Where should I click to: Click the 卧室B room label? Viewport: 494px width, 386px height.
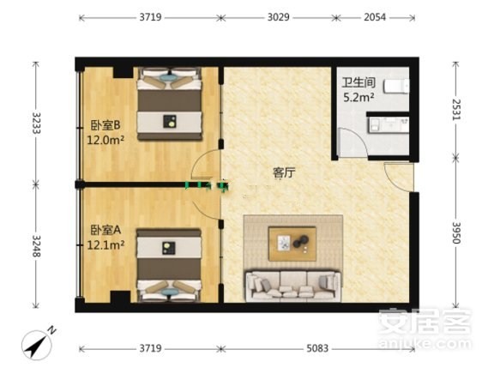click(x=105, y=125)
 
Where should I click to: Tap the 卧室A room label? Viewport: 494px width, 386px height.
click(x=105, y=231)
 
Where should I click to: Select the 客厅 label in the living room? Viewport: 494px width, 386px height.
click(x=284, y=173)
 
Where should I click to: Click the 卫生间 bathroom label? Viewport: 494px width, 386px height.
click(x=358, y=82)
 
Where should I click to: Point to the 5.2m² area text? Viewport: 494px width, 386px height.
click(x=358, y=98)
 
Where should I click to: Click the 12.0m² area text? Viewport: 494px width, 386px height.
click(x=105, y=140)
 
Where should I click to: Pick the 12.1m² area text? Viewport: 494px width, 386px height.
click(x=105, y=244)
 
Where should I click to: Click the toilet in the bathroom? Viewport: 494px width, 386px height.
click(x=396, y=86)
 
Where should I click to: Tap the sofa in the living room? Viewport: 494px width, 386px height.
click(x=293, y=286)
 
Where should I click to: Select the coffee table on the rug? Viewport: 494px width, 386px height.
click(x=292, y=244)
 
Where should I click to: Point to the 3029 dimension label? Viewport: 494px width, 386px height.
click(x=278, y=17)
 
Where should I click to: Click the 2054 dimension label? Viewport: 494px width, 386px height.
click(x=375, y=17)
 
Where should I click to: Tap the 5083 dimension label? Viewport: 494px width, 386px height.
click(x=317, y=348)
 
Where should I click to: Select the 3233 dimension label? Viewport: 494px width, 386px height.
click(x=36, y=123)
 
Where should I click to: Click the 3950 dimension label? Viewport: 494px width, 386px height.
click(x=456, y=232)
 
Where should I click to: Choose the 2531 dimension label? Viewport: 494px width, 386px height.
click(x=456, y=110)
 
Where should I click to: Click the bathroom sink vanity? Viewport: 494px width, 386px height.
click(x=389, y=124)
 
